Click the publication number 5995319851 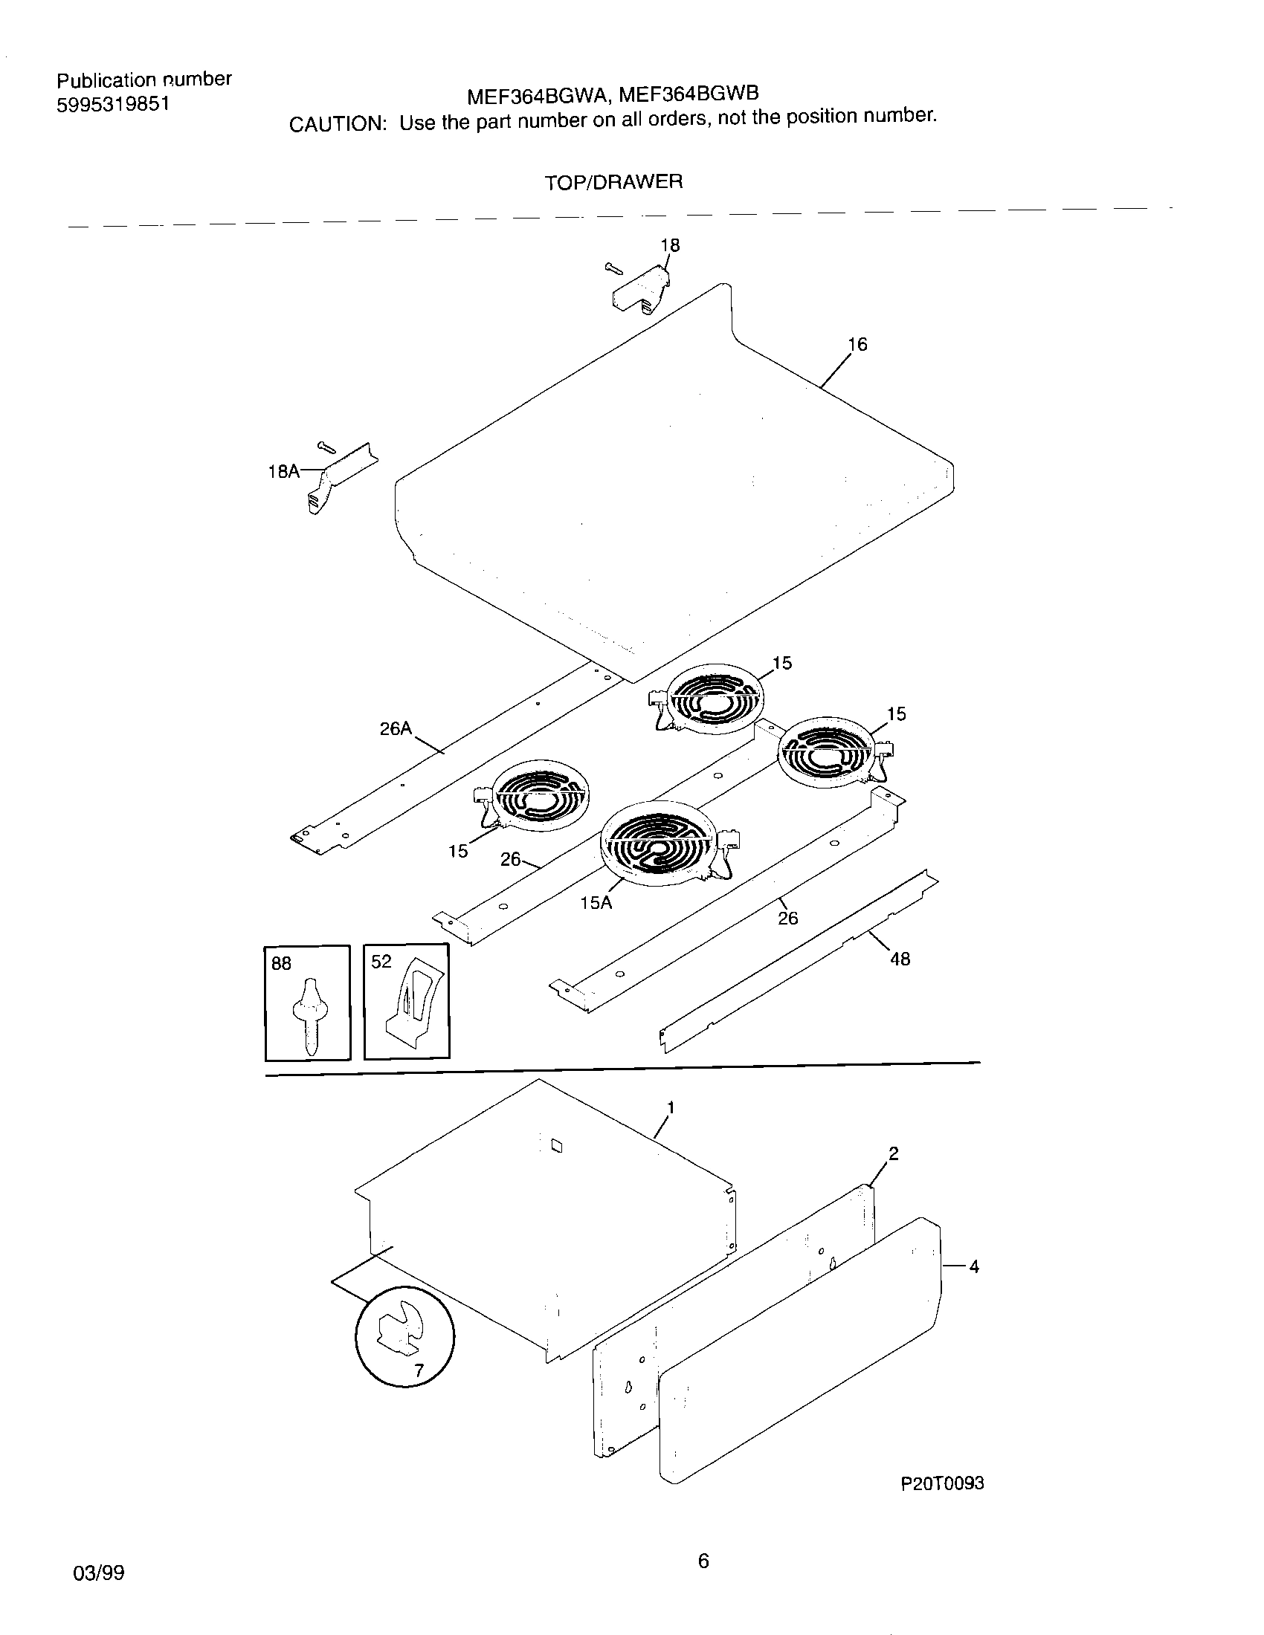click(113, 104)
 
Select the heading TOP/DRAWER click(613, 182)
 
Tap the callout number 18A click(283, 471)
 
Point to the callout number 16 click(857, 343)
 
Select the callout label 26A click(396, 728)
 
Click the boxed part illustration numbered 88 click(308, 1003)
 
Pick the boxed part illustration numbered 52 click(407, 1003)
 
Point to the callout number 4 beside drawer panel click(973, 1266)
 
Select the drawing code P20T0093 click(942, 1483)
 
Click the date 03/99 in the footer click(98, 1573)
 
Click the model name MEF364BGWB click(689, 94)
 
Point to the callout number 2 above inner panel click(892, 1153)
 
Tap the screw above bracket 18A click(327, 447)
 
